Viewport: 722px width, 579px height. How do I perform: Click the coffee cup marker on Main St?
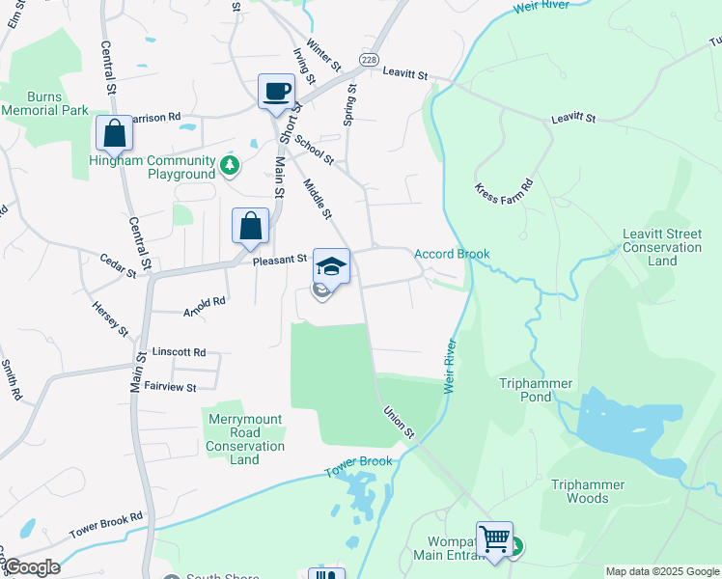[276, 92]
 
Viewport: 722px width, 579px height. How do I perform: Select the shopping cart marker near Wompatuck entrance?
[494, 538]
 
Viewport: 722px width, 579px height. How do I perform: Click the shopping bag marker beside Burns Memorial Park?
[114, 133]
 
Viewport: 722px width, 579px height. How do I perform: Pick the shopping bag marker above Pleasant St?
[250, 227]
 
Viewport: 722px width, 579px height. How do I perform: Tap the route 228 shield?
[369, 60]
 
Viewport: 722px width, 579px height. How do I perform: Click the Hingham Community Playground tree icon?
[230, 166]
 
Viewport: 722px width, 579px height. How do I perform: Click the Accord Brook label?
[452, 254]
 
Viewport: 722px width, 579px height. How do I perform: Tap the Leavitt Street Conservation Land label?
[662, 247]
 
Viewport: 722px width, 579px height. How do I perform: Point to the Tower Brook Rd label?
[105, 525]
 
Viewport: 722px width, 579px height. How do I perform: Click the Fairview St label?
[170, 387]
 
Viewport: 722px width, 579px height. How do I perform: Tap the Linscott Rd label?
[180, 352]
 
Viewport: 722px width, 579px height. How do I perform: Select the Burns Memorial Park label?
[44, 103]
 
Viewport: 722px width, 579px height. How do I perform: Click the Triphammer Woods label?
[588, 491]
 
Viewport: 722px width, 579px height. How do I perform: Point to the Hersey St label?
[110, 317]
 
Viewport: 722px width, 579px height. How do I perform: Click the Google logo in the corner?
[31, 567]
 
